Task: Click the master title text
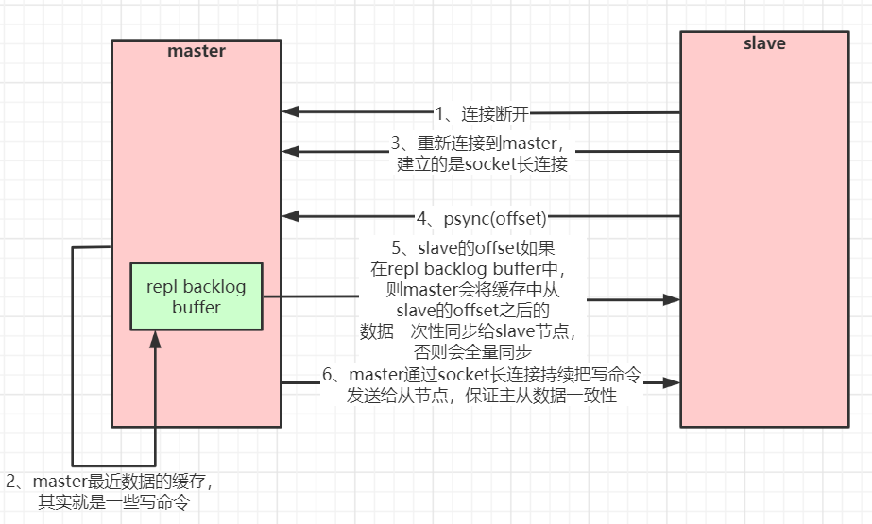pos(197,51)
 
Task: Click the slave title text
pos(764,43)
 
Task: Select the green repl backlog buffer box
pos(197,296)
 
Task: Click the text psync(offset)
pos(495,218)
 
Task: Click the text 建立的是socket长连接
pos(482,164)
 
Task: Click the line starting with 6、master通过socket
pos(482,376)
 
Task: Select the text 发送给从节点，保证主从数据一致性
pos(482,397)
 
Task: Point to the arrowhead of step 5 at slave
pos(672,299)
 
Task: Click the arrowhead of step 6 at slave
pos(672,382)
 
